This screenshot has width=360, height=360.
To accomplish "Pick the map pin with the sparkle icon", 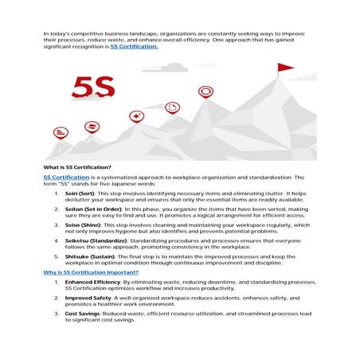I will point(136,116).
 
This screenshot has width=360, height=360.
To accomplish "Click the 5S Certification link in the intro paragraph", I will point(134,47).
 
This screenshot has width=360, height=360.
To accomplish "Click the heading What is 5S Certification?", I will point(77,166).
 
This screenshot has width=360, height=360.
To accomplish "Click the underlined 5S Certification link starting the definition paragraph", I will point(66,177).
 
